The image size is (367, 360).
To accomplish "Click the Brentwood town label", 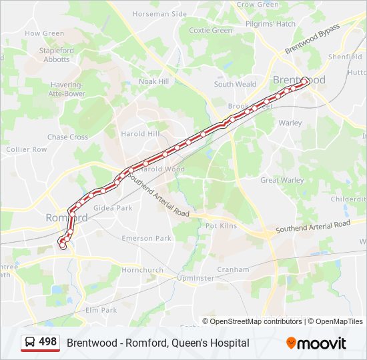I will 298,80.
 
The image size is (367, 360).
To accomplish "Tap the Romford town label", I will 66,218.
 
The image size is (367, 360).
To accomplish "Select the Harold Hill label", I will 140,133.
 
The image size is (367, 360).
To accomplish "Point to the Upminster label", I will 196,277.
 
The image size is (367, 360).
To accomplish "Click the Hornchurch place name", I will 142,270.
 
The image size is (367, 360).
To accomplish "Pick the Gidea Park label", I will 113,208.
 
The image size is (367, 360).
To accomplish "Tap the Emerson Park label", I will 146,238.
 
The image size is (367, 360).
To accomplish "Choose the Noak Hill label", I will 153,81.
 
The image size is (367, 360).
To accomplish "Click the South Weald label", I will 235,85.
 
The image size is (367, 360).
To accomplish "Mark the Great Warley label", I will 282,180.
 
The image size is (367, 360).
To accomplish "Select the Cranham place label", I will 232,269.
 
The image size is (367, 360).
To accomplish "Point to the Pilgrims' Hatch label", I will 270,24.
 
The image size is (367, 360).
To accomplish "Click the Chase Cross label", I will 67,137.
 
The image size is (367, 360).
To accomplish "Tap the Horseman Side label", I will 159,13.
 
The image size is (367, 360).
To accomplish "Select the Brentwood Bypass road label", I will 312,39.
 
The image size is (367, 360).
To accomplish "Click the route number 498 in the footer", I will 48,342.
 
